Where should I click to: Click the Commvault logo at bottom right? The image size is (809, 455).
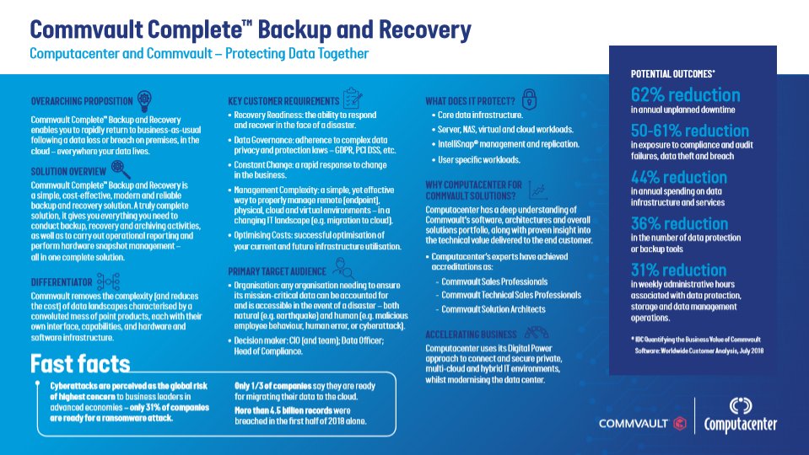coord(643,422)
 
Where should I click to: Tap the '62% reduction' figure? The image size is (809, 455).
coord(685,94)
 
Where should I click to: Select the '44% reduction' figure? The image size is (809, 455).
coord(678,177)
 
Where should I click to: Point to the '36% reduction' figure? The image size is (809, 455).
coord(679,223)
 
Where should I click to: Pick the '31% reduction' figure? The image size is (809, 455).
coord(678,270)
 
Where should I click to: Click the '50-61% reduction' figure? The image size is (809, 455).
coord(689,131)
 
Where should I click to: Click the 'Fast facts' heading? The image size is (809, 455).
coord(80,363)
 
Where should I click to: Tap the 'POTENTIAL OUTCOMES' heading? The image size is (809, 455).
coord(672,73)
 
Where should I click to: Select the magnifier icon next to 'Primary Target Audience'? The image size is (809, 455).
coord(344,269)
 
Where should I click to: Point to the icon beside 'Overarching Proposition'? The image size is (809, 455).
coord(145,99)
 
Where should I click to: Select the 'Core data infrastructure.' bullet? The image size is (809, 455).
coord(480,115)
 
